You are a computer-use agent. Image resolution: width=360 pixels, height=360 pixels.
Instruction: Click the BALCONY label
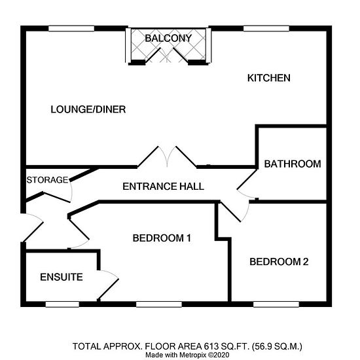[168, 38]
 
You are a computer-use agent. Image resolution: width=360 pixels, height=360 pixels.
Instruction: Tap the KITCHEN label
[269, 78]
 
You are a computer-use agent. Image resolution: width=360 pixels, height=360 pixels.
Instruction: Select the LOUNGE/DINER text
[88, 109]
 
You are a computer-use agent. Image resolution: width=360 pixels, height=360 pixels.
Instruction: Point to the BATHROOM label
[293, 164]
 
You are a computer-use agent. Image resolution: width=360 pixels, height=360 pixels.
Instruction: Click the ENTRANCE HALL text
[163, 186]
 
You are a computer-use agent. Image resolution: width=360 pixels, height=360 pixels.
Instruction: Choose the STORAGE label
[48, 180]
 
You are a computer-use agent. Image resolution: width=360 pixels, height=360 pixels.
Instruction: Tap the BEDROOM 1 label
[162, 238]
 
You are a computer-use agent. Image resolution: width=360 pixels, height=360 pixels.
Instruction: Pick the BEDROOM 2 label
[279, 262]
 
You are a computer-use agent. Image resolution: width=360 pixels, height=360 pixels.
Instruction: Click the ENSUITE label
[62, 277]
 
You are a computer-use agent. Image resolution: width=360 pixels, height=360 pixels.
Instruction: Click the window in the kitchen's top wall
[266, 28]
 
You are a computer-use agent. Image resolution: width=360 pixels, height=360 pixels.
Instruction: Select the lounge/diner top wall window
[71, 28]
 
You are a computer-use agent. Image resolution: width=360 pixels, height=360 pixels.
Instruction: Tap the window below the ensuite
[62, 304]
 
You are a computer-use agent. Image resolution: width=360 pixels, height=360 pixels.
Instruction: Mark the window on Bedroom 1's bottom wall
[159, 304]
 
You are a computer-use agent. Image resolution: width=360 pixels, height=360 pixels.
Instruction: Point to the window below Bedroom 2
[276, 304]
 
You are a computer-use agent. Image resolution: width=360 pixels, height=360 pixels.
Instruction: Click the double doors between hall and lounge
[167, 156]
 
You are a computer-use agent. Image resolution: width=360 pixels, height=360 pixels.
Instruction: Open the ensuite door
[108, 285]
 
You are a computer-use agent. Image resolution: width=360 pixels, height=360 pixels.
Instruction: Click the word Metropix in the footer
[193, 355]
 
